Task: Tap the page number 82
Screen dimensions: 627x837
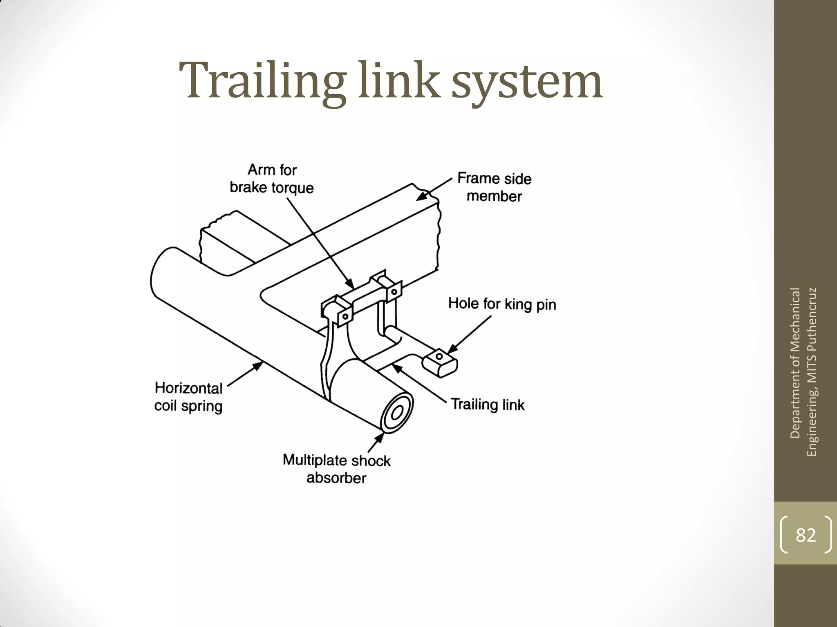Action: click(806, 535)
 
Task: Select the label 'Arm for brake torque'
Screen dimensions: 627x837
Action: click(272, 179)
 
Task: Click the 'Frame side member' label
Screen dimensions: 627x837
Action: click(494, 187)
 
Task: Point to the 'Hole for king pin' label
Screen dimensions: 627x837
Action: click(502, 304)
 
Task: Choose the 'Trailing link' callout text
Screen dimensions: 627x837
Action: click(488, 405)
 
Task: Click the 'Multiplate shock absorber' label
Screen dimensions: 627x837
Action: click(336, 469)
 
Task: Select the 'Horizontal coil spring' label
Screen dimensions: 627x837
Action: click(188, 397)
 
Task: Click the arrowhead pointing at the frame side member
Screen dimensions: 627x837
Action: click(421, 197)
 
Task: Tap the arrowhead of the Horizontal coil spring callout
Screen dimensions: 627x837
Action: click(258, 365)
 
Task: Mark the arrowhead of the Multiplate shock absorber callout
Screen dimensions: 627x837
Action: click(380, 437)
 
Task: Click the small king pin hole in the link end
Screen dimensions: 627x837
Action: click(439, 356)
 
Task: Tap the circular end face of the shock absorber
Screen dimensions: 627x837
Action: click(396, 413)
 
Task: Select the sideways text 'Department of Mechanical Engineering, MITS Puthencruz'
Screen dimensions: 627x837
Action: click(803, 371)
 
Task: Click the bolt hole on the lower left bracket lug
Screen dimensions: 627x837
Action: click(345, 316)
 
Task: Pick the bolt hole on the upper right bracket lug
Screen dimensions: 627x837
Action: click(394, 292)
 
